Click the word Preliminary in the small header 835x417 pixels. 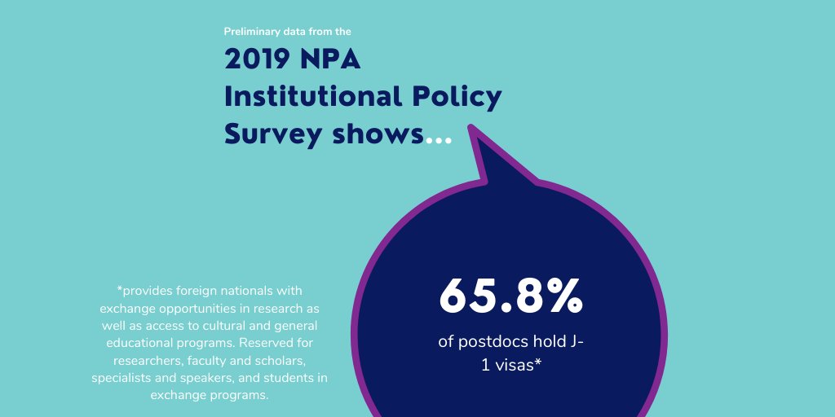[x=251, y=32]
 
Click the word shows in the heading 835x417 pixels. [x=378, y=135]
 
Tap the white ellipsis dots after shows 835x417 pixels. [x=439, y=141]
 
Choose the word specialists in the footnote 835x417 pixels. [x=123, y=378]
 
